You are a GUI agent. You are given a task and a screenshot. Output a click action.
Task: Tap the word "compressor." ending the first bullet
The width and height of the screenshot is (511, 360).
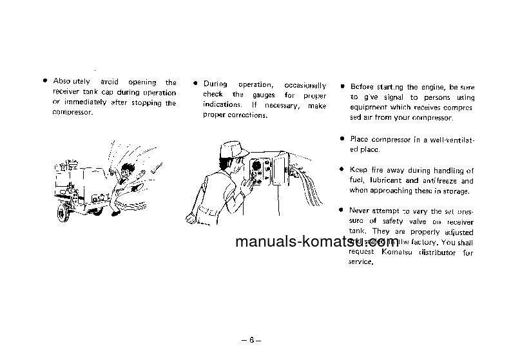tap(72, 113)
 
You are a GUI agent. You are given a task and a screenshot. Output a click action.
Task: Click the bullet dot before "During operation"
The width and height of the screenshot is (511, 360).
tap(195, 84)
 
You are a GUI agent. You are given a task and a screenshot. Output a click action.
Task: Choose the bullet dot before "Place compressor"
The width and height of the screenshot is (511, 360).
tap(342, 138)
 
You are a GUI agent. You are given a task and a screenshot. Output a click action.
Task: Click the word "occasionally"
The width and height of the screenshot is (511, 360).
tap(305, 84)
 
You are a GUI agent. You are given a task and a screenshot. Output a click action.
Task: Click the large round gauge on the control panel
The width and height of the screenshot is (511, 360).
tap(257, 166)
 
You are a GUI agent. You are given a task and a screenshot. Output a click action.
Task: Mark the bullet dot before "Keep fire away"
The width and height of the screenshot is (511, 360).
tap(342, 170)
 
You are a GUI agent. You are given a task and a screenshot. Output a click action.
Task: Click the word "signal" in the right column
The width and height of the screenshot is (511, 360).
tap(400, 97)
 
